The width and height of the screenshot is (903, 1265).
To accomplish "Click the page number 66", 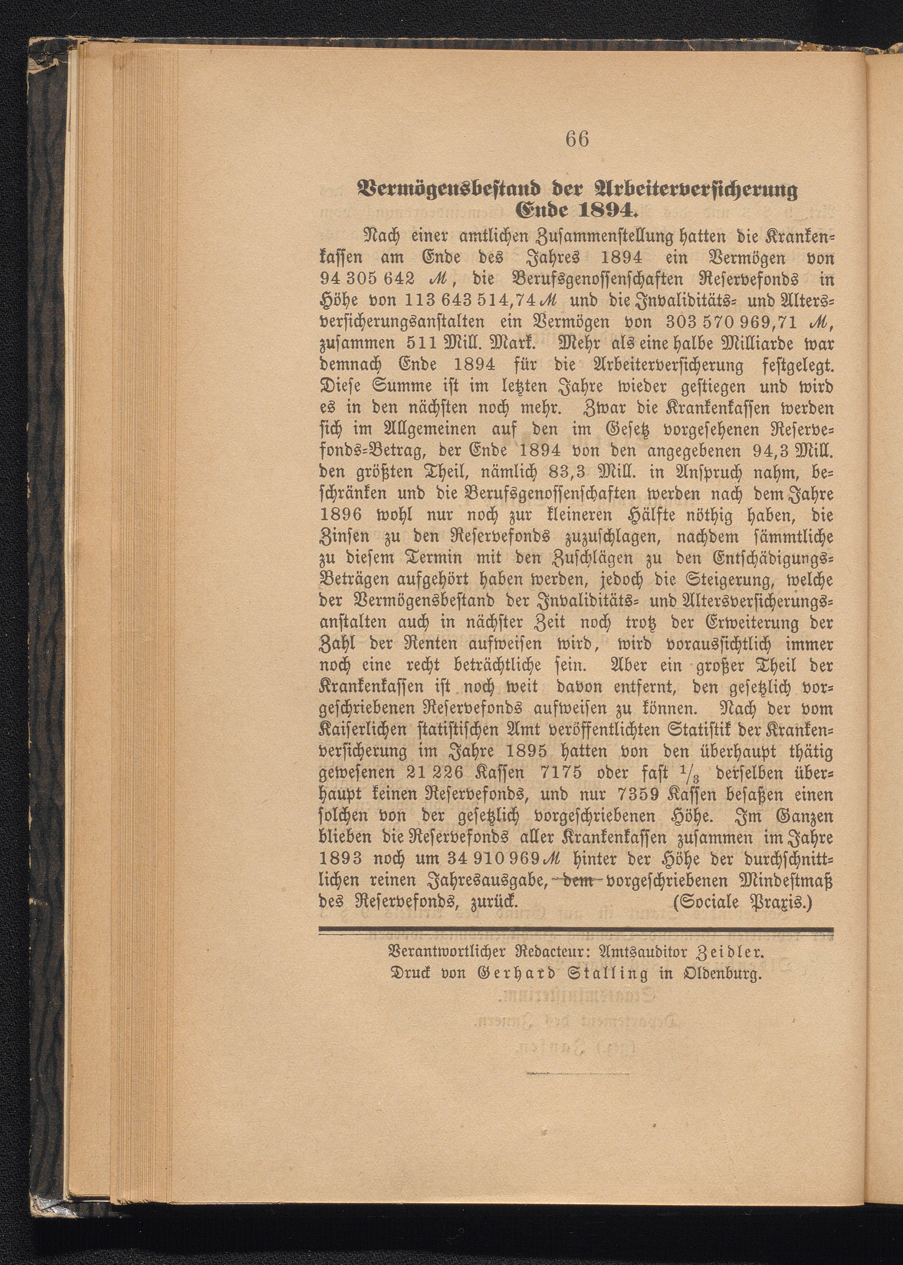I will pyautogui.click(x=577, y=139).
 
